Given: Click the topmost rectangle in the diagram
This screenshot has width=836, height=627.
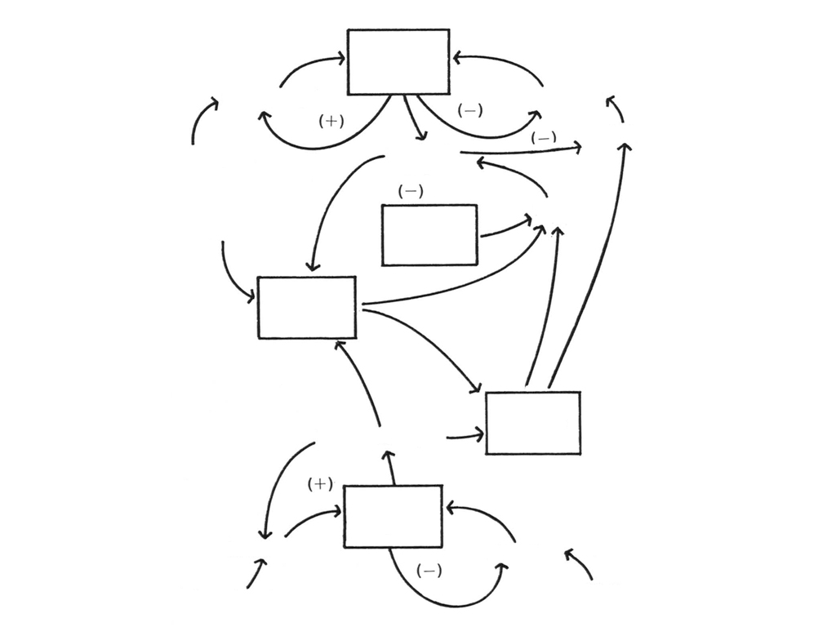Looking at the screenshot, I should [x=398, y=62].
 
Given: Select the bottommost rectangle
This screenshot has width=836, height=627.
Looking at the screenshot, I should [x=393, y=516].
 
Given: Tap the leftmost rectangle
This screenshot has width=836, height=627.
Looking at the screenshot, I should [x=307, y=307].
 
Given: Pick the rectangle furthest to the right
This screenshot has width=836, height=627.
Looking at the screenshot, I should [x=533, y=423].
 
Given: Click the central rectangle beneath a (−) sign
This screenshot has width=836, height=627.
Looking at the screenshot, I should [x=429, y=235].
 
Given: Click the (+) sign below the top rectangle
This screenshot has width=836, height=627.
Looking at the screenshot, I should [x=331, y=121].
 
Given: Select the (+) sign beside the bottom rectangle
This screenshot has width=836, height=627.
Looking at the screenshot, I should [x=320, y=484].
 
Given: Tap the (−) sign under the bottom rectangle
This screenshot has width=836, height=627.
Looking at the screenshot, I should [x=429, y=571].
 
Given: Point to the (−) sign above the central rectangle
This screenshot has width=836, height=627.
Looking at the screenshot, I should [x=411, y=192].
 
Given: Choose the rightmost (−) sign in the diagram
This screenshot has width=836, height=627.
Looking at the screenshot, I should [x=544, y=138].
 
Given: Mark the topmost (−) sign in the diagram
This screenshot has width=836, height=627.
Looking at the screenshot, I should [x=470, y=111].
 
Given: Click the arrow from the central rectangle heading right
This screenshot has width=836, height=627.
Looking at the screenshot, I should [x=506, y=228].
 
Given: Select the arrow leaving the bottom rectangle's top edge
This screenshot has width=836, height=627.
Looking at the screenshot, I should [x=390, y=465].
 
